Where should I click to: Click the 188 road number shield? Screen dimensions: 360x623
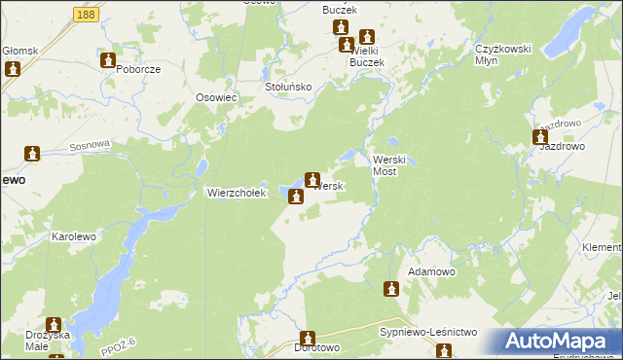(85, 15)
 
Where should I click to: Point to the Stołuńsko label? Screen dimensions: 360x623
(288, 87)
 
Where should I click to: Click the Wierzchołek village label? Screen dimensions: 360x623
(237, 193)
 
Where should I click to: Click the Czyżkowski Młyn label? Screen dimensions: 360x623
(500, 54)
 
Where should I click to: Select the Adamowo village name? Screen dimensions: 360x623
(431, 271)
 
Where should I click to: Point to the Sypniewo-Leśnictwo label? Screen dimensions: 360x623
(427, 332)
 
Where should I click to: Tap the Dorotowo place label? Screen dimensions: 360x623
(316, 347)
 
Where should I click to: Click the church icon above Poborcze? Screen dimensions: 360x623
(108, 60)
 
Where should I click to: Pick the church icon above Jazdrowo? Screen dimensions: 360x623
(540, 137)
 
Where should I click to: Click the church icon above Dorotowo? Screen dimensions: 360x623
(311, 337)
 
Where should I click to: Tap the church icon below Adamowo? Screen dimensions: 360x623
(391, 288)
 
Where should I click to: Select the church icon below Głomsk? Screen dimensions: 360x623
(13, 69)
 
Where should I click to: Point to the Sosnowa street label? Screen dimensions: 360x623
(91, 146)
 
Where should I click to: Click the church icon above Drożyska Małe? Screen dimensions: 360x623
(54, 324)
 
